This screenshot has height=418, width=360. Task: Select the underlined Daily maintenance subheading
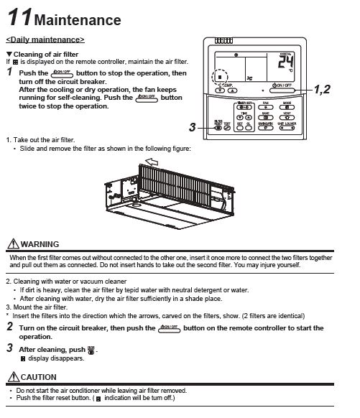(45, 39)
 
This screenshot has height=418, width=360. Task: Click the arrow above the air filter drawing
(152, 163)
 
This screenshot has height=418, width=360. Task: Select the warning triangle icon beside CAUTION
(12, 376)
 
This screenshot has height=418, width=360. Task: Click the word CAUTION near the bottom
(40, 376)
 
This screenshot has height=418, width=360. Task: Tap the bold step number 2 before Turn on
(10, 327)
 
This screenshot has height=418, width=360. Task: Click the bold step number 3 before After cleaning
(10, 348)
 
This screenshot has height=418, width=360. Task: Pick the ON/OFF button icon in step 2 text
(170, 328)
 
